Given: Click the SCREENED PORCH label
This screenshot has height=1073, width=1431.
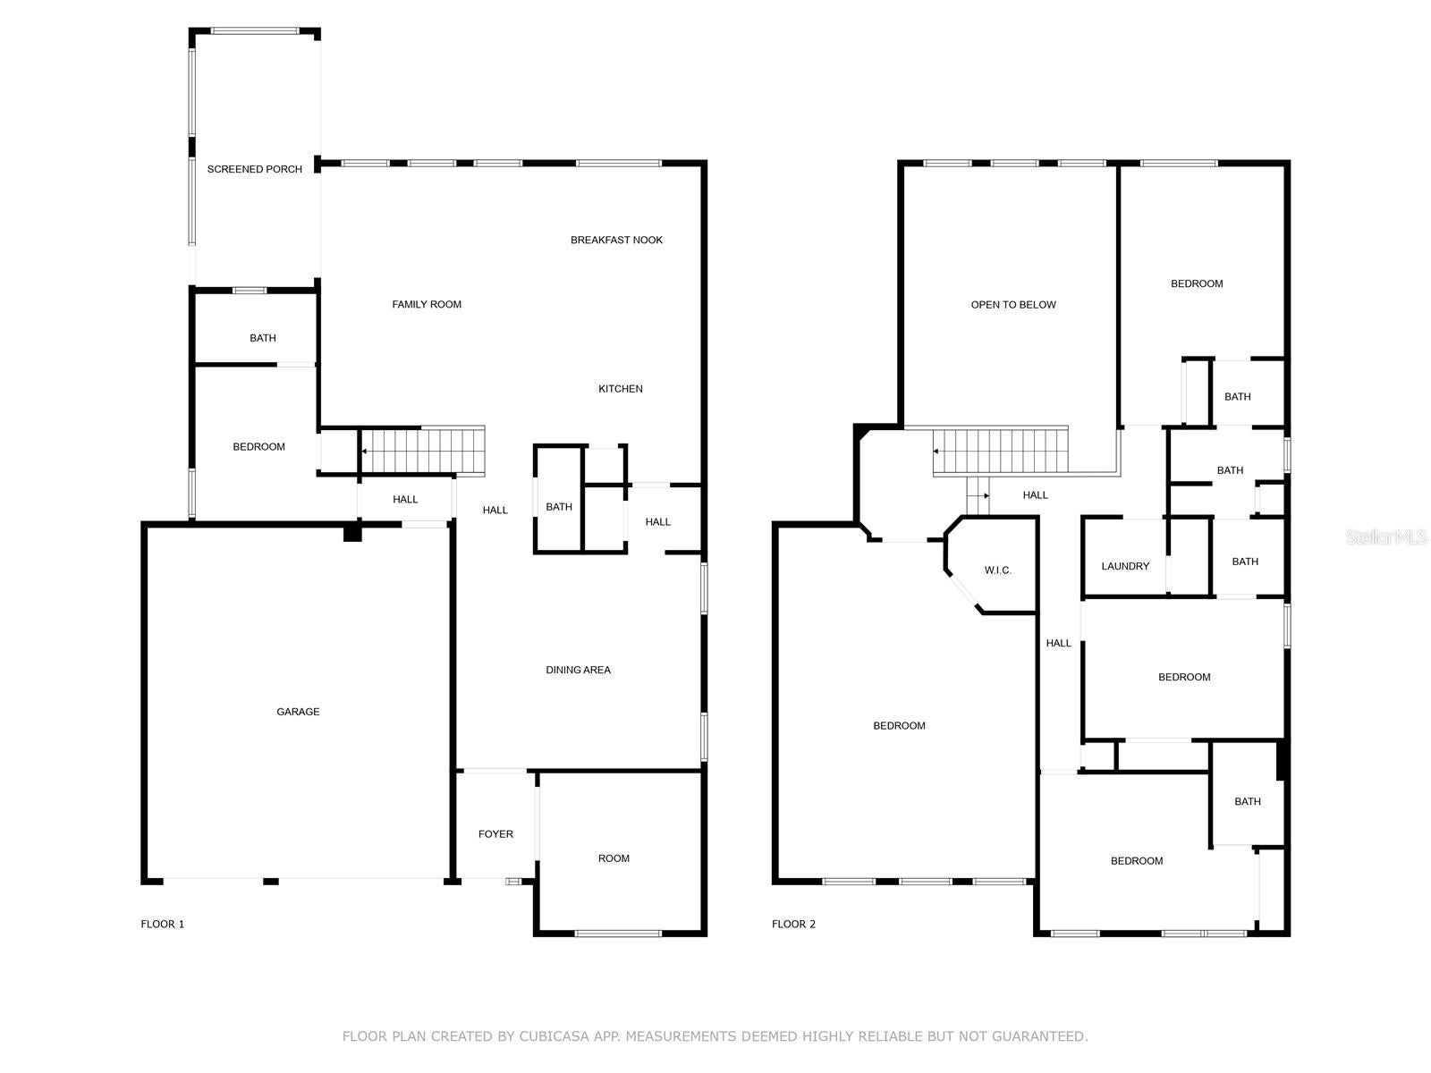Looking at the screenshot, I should tap(255, 169).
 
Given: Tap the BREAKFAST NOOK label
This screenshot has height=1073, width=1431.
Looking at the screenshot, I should tap(616, 240).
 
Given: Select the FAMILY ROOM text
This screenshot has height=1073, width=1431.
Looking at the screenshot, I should tap(427, 305).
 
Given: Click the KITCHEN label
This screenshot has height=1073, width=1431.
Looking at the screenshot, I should tap(621, 389).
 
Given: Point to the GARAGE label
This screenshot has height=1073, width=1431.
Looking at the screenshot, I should tap(298, 712).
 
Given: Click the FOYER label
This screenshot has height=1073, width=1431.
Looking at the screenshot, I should tap(495, 834).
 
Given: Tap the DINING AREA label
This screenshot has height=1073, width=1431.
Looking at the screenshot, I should tap(578, 670).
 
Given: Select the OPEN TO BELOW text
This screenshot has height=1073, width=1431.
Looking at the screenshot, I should tap(1013, 305).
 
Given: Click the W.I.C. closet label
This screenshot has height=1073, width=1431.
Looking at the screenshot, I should tap(997, 570).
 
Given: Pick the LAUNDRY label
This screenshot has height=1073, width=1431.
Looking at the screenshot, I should tap(1125, 566).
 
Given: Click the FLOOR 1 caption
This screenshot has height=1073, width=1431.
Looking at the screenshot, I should tap(163, 925).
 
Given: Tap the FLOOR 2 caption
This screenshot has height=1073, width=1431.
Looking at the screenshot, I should tap(793, 925).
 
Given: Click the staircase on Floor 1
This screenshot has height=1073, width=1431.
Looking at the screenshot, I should tap(422, 452).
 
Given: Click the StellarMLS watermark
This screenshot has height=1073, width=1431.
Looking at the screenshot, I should tap(1386, 537).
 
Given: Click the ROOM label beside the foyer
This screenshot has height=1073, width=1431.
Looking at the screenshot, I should tap(614, 858).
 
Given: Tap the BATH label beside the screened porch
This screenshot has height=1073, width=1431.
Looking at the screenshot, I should tap(263, 338).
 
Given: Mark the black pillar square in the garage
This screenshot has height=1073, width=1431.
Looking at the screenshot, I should tap(352, 533).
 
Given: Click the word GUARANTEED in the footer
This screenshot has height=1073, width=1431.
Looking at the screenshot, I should tap(1042, 1036).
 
